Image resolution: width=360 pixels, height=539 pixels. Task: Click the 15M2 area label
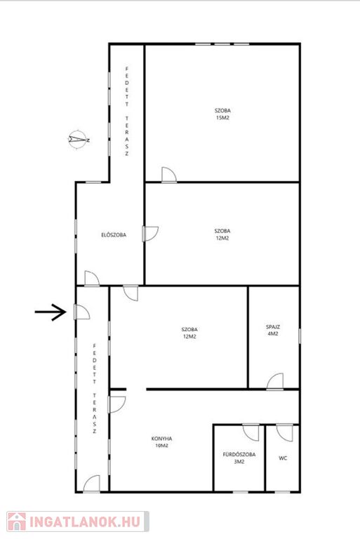[x=222, y=118]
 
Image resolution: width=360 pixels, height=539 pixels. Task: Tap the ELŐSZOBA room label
[x=114, y=235]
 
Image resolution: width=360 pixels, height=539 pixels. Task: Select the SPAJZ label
[x=273, y=327]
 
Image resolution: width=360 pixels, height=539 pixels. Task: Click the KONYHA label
[x=161, y=439]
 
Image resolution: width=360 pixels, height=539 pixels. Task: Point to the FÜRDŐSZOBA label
[x=239, y=455]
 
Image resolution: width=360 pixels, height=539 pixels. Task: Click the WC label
[x=283, y=458]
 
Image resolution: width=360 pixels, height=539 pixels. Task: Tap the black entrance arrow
[x=51, y=312]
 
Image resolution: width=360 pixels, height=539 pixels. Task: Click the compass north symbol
[x=79, y=140]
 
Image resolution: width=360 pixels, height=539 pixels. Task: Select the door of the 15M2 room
[x=169, y=175]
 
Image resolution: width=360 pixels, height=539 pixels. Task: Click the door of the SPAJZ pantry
[x=275, y=382]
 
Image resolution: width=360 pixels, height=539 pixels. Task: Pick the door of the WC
[x=285, y=433]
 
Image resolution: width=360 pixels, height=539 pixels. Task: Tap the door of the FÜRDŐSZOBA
[x=251, y=433]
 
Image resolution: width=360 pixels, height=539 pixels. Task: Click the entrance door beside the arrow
[x=82, y=312]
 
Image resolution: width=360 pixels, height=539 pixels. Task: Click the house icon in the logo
[x=17, y=521]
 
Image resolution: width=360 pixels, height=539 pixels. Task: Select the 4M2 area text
[x=273, y=334]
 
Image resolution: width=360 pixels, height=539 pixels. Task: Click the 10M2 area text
[x=161, y=446]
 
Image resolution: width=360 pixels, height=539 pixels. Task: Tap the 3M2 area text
[x=239, y=462]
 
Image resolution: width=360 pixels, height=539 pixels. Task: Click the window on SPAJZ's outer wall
[x=300, y=335]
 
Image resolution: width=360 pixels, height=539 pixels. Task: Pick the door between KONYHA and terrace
[x=117, y=404]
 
